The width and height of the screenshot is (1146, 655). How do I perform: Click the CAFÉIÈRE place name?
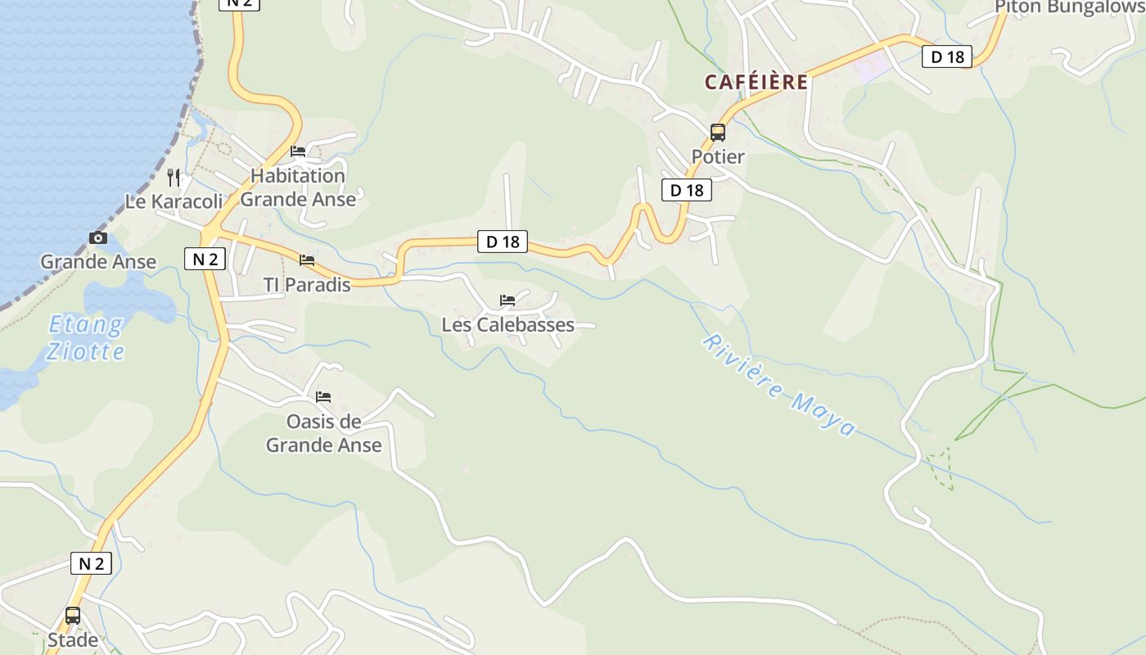[x=756, y=82]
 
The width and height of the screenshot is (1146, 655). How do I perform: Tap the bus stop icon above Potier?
[x=718, y=132]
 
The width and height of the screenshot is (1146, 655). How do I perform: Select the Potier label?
[x=718, y=156]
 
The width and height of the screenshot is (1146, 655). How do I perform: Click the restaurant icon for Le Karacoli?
[x=174, y=177]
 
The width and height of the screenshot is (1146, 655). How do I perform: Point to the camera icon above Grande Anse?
[x=98, y=237]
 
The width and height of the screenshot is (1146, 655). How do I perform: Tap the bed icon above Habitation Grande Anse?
[x=298, y=151]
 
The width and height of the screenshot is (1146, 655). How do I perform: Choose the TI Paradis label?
[x=307, y=285]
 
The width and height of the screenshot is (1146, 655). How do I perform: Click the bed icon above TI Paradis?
[x=307, y=260]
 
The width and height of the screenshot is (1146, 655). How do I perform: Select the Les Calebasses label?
[x=508, y=325]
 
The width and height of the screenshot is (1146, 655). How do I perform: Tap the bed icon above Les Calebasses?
[x=508, y=300]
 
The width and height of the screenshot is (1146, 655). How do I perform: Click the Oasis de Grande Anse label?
[x=324, y=433]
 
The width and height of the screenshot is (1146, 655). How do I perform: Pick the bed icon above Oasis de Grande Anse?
[x=323, y=397]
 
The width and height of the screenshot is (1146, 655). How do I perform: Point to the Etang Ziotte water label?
[x=85, y=338]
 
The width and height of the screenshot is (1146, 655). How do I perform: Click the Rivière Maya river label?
[x=779, y=386]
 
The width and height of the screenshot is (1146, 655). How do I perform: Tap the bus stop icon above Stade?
[x=73, y=615]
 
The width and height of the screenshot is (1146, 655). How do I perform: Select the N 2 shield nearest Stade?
[x=91, y=563]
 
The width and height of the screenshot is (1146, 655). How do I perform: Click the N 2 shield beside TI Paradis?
[x=205, y=259]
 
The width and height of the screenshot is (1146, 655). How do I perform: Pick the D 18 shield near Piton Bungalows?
[x=947, y=56]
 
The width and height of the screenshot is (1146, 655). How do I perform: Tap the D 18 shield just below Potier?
[x=686, y=190]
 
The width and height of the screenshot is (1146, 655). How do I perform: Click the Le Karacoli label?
[x=174, y=201]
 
